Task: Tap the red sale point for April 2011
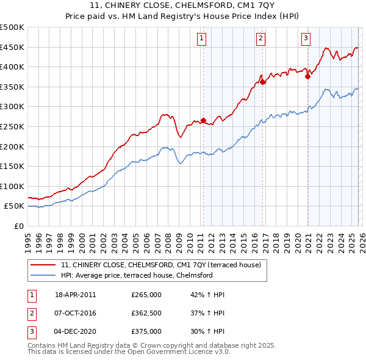click(x=203, y=120)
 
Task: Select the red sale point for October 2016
click(x=262, y=82)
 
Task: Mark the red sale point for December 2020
click(x=307, y=76)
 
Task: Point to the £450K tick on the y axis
click(x=12, y=47)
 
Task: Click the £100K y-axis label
click(x=12, y=186)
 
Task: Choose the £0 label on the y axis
click(x=18, y=226)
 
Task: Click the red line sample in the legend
click(x=44, y=265)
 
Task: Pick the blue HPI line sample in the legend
click(x=44, y=275)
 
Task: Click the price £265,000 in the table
click(x=146, y=295)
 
